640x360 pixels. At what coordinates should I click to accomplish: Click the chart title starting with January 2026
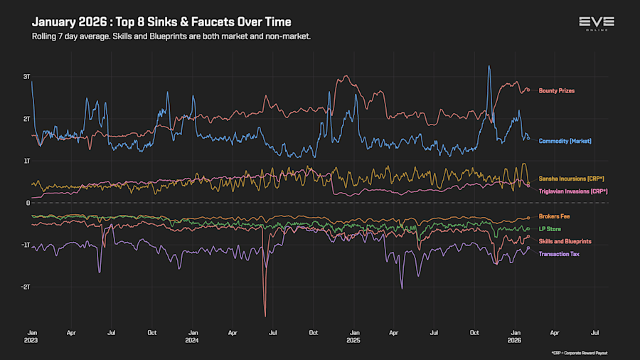pos(161,22)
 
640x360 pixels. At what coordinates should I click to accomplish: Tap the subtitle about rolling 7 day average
pos(171,36)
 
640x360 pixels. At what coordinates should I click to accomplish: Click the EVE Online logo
pos(597,23)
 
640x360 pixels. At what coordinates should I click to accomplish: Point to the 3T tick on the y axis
pos(26,76)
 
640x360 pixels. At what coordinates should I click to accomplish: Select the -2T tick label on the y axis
pos(26,287)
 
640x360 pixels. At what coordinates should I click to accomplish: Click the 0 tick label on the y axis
pos(28,203)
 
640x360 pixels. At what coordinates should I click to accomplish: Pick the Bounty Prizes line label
pos(557,91)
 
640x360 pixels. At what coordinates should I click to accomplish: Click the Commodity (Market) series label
pos(565,141)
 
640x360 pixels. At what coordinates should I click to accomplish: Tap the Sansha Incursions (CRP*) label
pos(571,179)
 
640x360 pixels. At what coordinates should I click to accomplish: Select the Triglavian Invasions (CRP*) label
pos(573,191)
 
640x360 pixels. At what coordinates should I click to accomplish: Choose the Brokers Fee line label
pos(554,216)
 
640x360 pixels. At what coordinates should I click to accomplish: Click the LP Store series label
pos(550,229)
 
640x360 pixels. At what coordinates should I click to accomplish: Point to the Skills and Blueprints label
pos(565,242)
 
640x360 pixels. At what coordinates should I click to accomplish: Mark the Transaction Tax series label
pos(559,254)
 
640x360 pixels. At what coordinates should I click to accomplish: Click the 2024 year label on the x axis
pos(192,340)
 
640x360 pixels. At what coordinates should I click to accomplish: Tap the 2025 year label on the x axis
pos(354,340)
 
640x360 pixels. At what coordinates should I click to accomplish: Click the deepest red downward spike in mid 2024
pos(265,316)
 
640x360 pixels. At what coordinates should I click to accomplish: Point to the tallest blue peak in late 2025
pos(489,66)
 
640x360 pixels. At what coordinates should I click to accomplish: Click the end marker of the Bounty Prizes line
pos(528,90)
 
